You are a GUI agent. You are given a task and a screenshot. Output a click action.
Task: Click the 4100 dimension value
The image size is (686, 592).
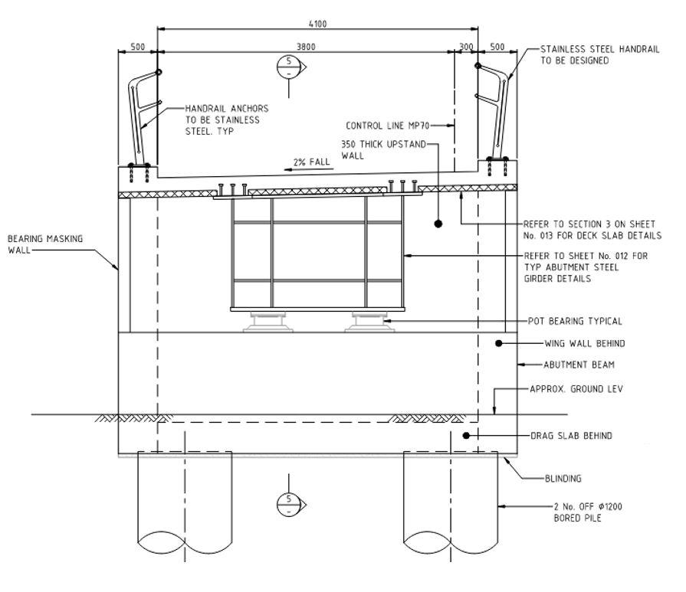pos(317,24)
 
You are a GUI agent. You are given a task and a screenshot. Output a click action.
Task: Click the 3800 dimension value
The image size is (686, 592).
pos(306,47)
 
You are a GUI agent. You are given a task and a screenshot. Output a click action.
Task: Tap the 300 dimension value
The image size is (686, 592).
pos(466,47)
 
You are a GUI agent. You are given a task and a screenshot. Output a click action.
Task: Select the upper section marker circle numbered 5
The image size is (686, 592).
pos(289,67)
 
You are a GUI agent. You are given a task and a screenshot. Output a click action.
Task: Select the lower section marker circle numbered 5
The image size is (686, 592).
pos(289,504)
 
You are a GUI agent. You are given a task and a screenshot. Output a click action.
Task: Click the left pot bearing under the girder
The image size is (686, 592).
pos(268,322)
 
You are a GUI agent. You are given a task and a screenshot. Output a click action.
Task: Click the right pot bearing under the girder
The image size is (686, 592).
pos(369,322)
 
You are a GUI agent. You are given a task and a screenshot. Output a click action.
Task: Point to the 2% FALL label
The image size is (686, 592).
pos(311,162)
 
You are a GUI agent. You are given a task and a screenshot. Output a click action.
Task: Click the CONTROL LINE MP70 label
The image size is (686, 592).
pos(388,126)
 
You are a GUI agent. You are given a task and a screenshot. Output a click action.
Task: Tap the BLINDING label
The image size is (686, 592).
pos(563,479)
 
